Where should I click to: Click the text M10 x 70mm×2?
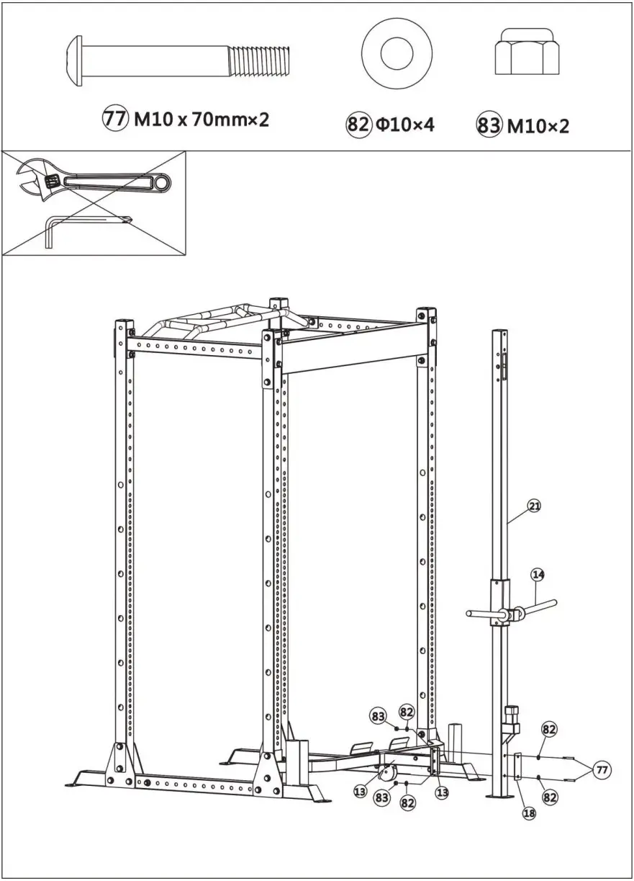pyautogui.click(x=201, y=120)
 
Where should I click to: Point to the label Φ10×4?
pyautogui.click(x=404, y=125)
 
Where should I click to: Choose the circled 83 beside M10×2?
pyautogui.click(x=489, y=126)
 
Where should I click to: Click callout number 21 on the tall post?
pyautogui.click(x=533, y=506)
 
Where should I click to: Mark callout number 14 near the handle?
pyautogui.click(x=538, y=574)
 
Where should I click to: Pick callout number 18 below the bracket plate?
pyautogui.click(x=529, y=813)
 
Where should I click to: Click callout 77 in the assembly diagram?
pyautogui.click(x=602, y=770)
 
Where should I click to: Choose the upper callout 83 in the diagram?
pyautogui.click(x=379, y=715)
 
